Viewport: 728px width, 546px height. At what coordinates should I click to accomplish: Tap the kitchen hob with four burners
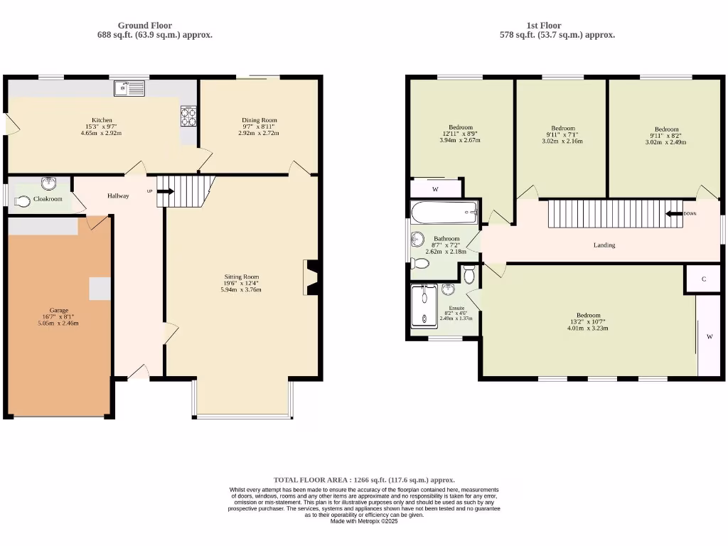click(189, 115)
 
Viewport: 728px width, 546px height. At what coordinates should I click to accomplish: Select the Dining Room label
click(259, 120)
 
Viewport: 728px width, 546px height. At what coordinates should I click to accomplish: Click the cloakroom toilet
click(22, 201)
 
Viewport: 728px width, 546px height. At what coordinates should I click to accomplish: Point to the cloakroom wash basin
click(49, 184)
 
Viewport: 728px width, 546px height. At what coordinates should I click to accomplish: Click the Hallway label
click(118, 196)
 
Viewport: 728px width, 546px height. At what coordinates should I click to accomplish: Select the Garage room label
click(58, 311)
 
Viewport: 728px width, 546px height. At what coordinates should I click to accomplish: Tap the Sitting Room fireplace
click(311, 278)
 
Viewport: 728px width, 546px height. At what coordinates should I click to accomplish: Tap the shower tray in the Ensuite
click(424, 305)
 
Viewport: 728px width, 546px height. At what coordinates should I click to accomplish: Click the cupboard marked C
click(703, 279)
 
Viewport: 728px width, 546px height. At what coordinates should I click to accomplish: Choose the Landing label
click(604, 245)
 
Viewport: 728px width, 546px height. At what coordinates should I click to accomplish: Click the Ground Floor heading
click(145, 26)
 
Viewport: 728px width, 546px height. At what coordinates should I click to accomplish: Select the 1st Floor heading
click(545, 26)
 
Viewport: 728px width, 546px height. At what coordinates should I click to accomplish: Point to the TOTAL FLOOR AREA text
click(364, 480)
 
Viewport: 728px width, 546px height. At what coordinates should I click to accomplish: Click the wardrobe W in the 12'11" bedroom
click(436, 189)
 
